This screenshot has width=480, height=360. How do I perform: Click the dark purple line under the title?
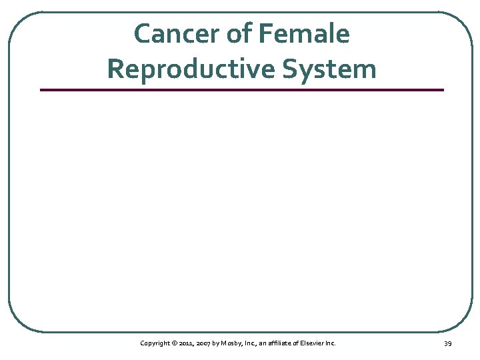(241, 89)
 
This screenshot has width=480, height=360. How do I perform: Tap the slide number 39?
(447, 343)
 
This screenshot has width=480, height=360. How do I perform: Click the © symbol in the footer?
(174, 343)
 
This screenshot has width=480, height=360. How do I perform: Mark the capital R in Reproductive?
(115, 69)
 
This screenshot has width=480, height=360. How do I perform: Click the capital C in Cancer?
(141, 34)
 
